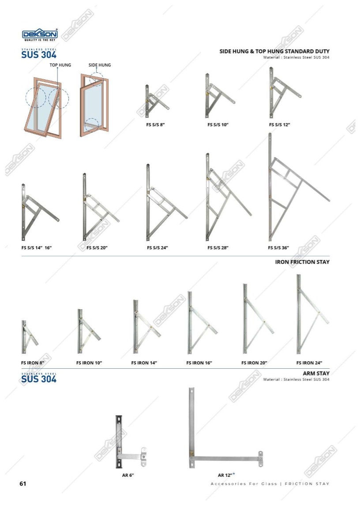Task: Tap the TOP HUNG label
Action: (60, 65)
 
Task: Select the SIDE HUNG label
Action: (100, 65)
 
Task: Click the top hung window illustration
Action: (47, 105)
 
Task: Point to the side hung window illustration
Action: (94, 105)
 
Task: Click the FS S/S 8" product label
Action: (155, 125)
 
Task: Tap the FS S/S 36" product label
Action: (278, 248)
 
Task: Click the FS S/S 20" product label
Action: (97, 248)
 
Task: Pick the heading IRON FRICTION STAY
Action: (302, 262)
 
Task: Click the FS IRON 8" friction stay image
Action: (30, 337)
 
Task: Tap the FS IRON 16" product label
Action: (199, 363)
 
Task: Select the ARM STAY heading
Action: (316, 374)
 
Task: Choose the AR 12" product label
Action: (225, 475)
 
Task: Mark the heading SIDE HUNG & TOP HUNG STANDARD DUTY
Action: (274, 51)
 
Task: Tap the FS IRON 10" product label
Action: (89, 363)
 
